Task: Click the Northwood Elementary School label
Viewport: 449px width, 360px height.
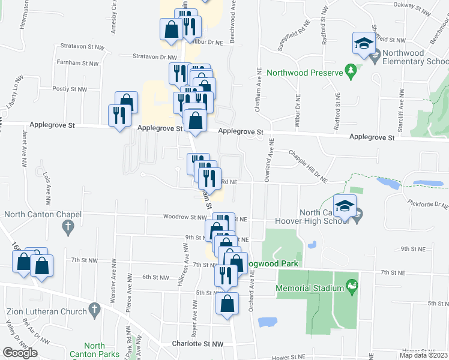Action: (415, 57)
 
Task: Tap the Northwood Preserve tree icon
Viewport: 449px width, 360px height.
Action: (352, 73)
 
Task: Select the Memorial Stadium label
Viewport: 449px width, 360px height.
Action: (310, 288)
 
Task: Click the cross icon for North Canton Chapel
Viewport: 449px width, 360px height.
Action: (67, 227)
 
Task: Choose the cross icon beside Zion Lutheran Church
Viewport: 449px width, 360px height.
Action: (94, 310)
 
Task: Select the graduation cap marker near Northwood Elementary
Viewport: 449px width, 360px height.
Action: (363, 43)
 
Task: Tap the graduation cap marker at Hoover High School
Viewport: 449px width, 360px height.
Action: (345, 206)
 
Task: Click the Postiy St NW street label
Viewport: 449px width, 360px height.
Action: (70, 89)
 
